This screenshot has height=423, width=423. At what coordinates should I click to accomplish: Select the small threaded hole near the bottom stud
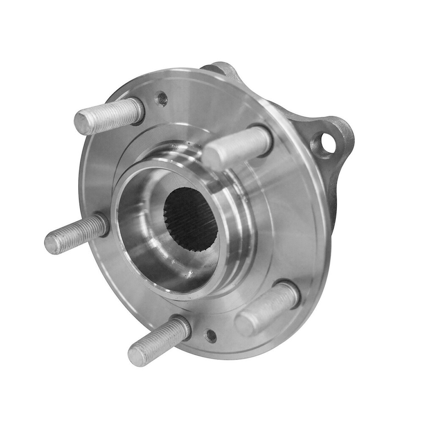pos(210,336)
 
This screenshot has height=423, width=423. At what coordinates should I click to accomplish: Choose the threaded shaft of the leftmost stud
pos(76,235)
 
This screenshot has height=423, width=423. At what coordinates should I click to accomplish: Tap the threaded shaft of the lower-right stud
pos(266,307)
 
